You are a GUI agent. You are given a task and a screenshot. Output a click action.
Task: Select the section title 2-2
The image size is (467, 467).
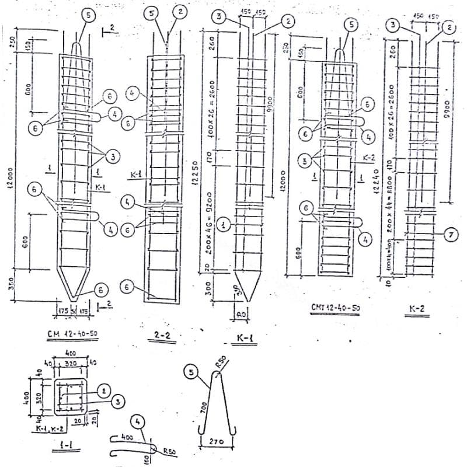(x=161, y=336)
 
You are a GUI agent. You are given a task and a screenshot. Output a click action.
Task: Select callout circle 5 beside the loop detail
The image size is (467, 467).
(x=190, y=371)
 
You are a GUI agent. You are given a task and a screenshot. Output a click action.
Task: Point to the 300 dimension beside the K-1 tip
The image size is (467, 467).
(x=205, y=291)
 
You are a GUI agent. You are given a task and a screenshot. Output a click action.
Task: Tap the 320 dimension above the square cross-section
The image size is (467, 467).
(x=71, y=362)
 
